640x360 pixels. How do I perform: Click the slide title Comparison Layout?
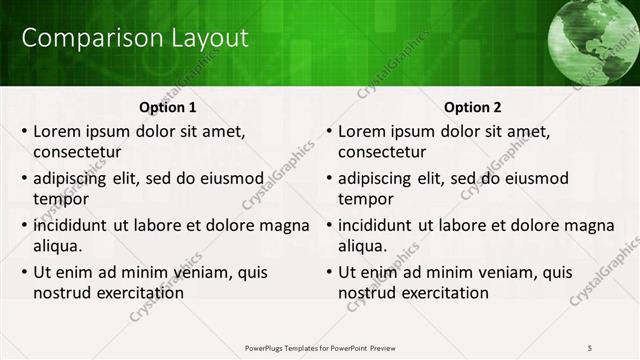pos(135,39)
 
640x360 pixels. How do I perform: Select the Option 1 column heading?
pos(168,107)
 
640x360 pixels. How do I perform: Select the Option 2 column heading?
pos(473,107)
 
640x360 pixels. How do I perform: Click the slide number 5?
pos(590,347)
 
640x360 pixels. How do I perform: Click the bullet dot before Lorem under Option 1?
pos(24,131)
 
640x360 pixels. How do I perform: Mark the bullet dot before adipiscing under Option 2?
pos(329,179)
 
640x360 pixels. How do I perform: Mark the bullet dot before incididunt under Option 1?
pos(24,226)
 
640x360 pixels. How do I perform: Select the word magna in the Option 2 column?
pos(586,225)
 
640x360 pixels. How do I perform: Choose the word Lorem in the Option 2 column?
pos(362,131)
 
